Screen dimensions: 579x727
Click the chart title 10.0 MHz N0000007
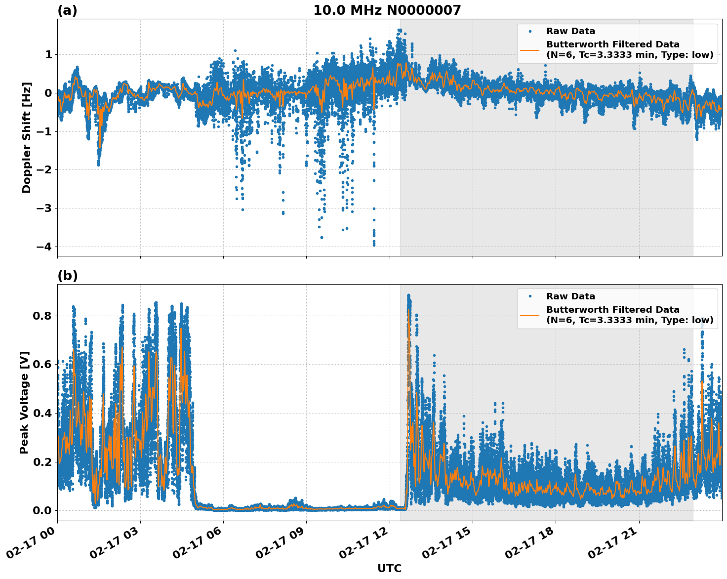pyautogui.click(x=387, y=10)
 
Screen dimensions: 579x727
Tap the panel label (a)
pyautogui.click(x=67, y=10)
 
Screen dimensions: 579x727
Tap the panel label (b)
pyautogui.click(x=67, y=276)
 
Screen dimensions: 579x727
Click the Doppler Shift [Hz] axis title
pyautogui.click(x=27, y=137)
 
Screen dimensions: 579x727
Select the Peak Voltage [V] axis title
pyautogui.click(x=24, y=402)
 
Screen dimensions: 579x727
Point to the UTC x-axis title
pyautogui.click(x=389, y=568)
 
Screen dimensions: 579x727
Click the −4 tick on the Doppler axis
pyautogui.click(x=45, y=247)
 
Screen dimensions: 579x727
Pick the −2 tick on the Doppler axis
pyautogui.click(x=45, y=170)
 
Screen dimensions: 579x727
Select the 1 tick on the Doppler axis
pyautogui.click(x=48, y=54)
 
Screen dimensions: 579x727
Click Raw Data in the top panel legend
pyautogui.click(x=570, y=31)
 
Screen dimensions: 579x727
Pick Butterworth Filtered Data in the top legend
pyautogui.click(x=612, y=44)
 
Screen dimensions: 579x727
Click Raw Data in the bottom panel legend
pyautogui.click(x=570, y=296)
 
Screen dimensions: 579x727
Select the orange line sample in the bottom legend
pyautogui.click(x=530, y=315)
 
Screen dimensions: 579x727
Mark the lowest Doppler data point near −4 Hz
pyautogui.click(x=374, y=245)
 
